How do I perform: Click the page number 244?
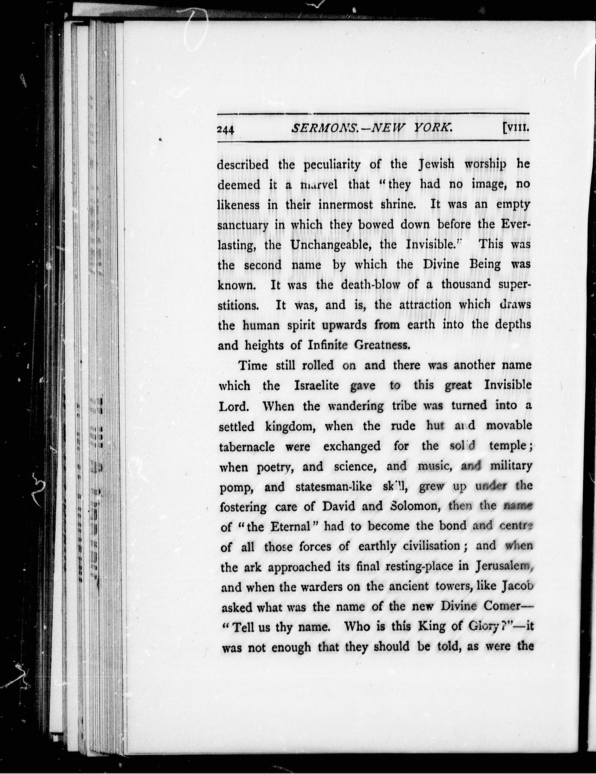[225, 130]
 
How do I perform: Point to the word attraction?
[425, 305]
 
